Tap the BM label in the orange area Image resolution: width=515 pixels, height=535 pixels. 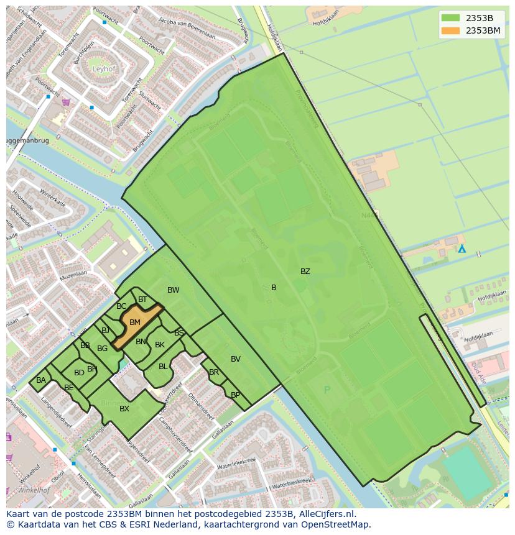point(135,322)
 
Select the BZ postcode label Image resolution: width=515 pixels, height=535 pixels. point(305,272)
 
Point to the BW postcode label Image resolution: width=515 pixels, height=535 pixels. point(173,290)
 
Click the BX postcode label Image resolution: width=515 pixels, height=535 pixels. point(124,408)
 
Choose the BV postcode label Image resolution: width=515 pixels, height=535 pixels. point(236,359)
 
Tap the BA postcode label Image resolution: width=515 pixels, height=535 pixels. point(41,380)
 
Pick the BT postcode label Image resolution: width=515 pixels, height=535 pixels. point(142,300)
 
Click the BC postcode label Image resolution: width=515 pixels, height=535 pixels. point(121,306)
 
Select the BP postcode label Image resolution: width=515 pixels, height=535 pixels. point(235,395)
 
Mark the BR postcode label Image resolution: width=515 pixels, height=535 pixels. point(214,373)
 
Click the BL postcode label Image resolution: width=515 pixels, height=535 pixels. point(163,367)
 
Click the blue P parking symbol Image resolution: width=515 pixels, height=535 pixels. point(327,390)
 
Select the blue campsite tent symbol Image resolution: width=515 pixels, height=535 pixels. point(462,249)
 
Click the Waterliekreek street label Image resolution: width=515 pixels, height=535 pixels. point(237,461)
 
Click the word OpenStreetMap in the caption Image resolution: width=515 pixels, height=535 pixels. point(336,524)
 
